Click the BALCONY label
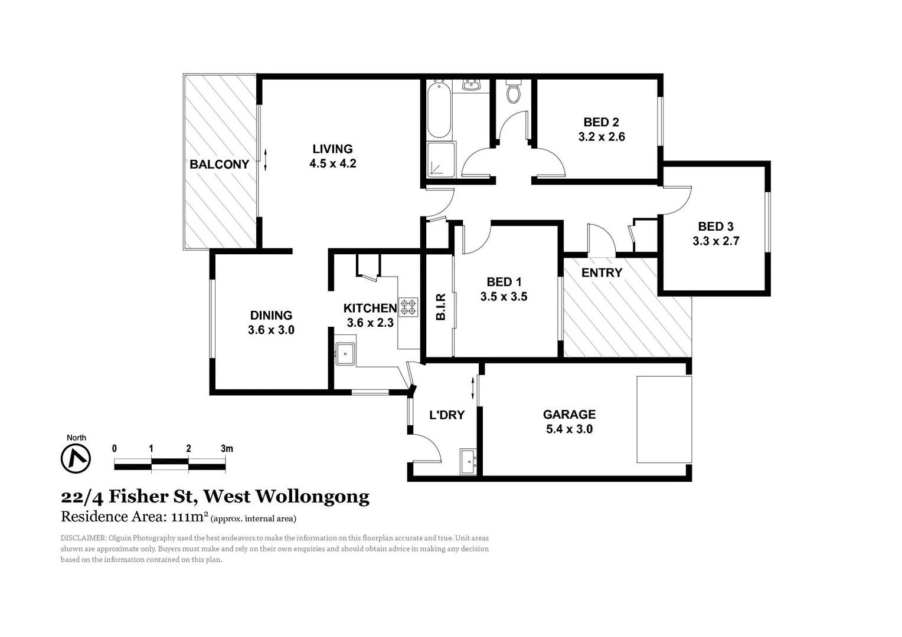(x=219, y=165)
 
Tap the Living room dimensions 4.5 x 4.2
(x=333, y=163)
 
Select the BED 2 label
(x=601, y=122)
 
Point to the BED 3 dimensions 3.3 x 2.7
(x=715, y=241)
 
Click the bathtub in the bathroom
(x=438, y=110)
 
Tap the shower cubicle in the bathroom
(x=440, y=159)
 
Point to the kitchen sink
(x=345, y=354)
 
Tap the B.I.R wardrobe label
(x=440, y=307)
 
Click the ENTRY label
(x=602, y=272)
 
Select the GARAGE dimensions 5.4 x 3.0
(x=569, y=429)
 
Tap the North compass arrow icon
(x=76, y=458)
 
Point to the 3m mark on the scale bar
(x=227, y=449)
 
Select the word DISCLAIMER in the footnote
(x=83, y=538)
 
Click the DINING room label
(x=271, y=315)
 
